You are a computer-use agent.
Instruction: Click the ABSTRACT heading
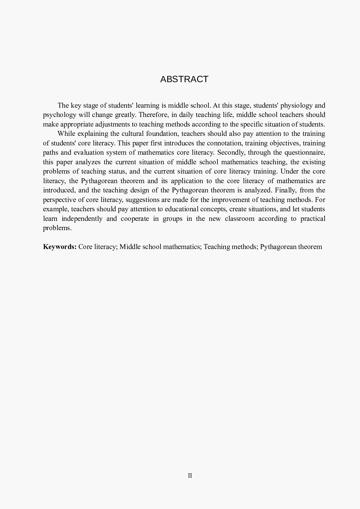pos(184,79)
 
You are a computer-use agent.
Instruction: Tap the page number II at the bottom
pos(190,476)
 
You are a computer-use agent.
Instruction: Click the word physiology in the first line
pos(296,105)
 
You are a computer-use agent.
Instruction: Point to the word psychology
pos(60,115)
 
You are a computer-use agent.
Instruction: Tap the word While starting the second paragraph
pos(66,134)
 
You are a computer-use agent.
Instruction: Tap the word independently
pos(82,219)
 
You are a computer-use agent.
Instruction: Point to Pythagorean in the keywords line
pos(278,247)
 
